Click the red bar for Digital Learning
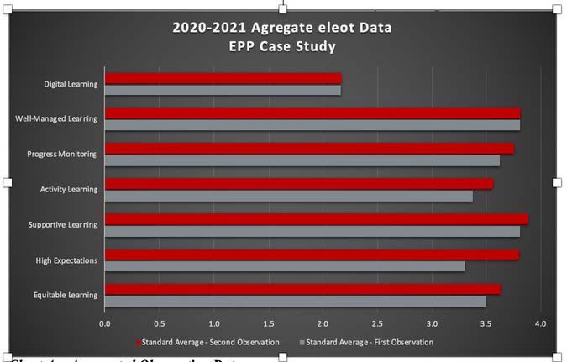coord(223,78)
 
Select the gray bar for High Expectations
coord(285,266)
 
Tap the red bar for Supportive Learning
coord(316,219)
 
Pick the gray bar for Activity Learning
coord(289,196)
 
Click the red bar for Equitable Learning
coord(302,289)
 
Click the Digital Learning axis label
coord(71,84)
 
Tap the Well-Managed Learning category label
coord(56,118)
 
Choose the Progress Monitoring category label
coord(62,154)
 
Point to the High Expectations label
coord(66,260)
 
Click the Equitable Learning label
coord(66,296)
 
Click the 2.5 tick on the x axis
coord(377,323)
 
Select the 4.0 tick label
coord(540,323)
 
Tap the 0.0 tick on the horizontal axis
coord(105,323)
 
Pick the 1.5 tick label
coord(268,323)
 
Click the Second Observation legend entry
coord(210,342)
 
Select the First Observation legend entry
coord(370,342)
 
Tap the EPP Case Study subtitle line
coord(282,46)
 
